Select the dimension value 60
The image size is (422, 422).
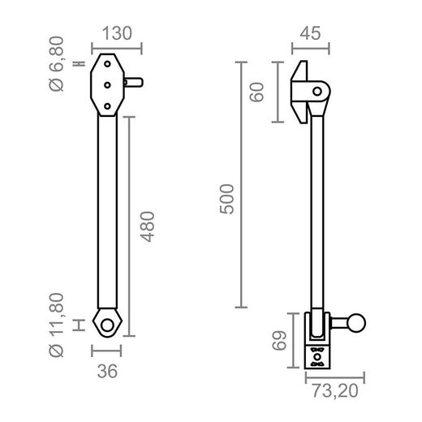click(259, 92)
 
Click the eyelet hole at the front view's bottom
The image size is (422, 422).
click(107, 322)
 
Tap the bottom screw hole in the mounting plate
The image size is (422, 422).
click(107, 105)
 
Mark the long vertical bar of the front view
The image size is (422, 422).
click(107, 211)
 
